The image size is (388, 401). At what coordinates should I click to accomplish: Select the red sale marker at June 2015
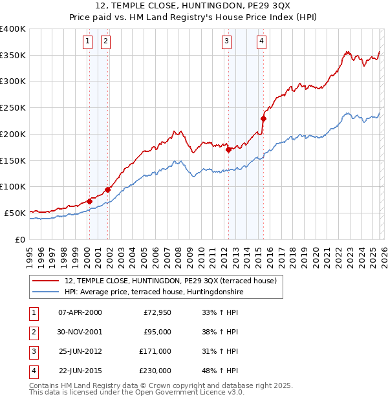(263, 118)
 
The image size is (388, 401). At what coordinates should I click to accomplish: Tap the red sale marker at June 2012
(229, 149)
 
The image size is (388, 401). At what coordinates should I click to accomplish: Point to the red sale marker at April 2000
(89, 201)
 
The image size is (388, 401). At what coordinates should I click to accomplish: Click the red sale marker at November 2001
(107, 190)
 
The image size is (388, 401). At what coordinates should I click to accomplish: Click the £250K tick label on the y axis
(13, 108)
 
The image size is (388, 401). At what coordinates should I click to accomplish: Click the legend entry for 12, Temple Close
(170, 281)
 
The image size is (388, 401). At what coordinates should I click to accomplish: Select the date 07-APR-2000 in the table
(80, 312)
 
